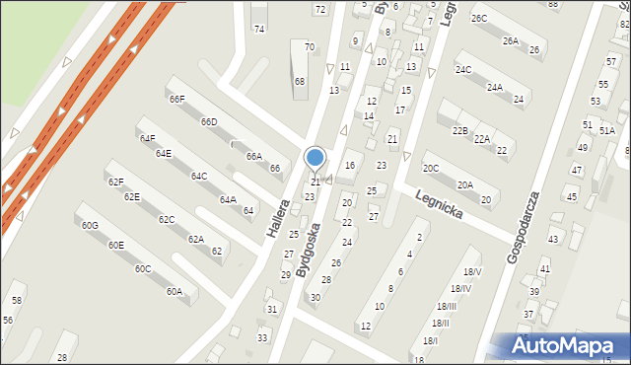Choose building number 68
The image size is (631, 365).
300,81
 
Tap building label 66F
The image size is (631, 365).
177,100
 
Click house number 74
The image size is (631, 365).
259,30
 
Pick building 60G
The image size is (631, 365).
90,226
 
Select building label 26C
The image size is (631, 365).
479,19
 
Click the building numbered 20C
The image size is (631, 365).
431,169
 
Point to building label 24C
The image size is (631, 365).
463,69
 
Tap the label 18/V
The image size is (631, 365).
472,272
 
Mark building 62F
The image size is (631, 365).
116,182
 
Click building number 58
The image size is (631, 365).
17,299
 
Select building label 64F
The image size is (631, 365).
147,139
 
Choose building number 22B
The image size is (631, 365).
459,130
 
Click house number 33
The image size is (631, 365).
262,338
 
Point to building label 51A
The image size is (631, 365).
606,130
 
